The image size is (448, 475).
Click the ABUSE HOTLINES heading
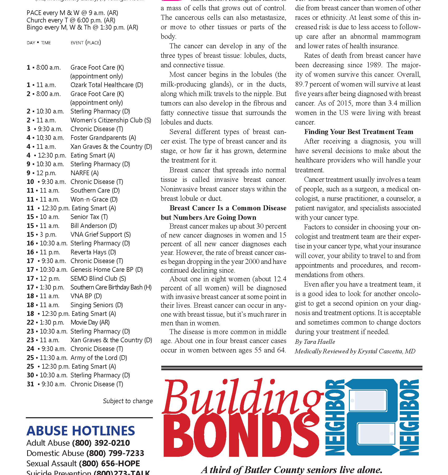tap(81, 431)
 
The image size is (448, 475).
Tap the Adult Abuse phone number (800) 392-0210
tap(101, 443)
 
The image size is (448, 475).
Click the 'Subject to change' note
tap(128, 401)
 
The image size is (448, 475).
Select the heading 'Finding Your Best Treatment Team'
tap(359, 132)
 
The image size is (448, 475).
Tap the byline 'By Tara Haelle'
tap(315, 342)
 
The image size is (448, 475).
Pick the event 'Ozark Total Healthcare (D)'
tap(107, 85)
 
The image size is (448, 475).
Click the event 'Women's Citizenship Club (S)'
tap(111, 120)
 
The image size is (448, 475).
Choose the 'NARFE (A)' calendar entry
tap(85, 173)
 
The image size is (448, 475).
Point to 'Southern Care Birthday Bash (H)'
tap(111, 287)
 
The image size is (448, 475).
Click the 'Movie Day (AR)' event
tap(90, 322)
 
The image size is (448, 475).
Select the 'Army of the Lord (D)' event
tap(99, 358)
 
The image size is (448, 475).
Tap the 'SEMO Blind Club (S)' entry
tap(98, 279)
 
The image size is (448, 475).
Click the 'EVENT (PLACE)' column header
tap(86, 43)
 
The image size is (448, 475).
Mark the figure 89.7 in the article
tap(301, 84)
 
